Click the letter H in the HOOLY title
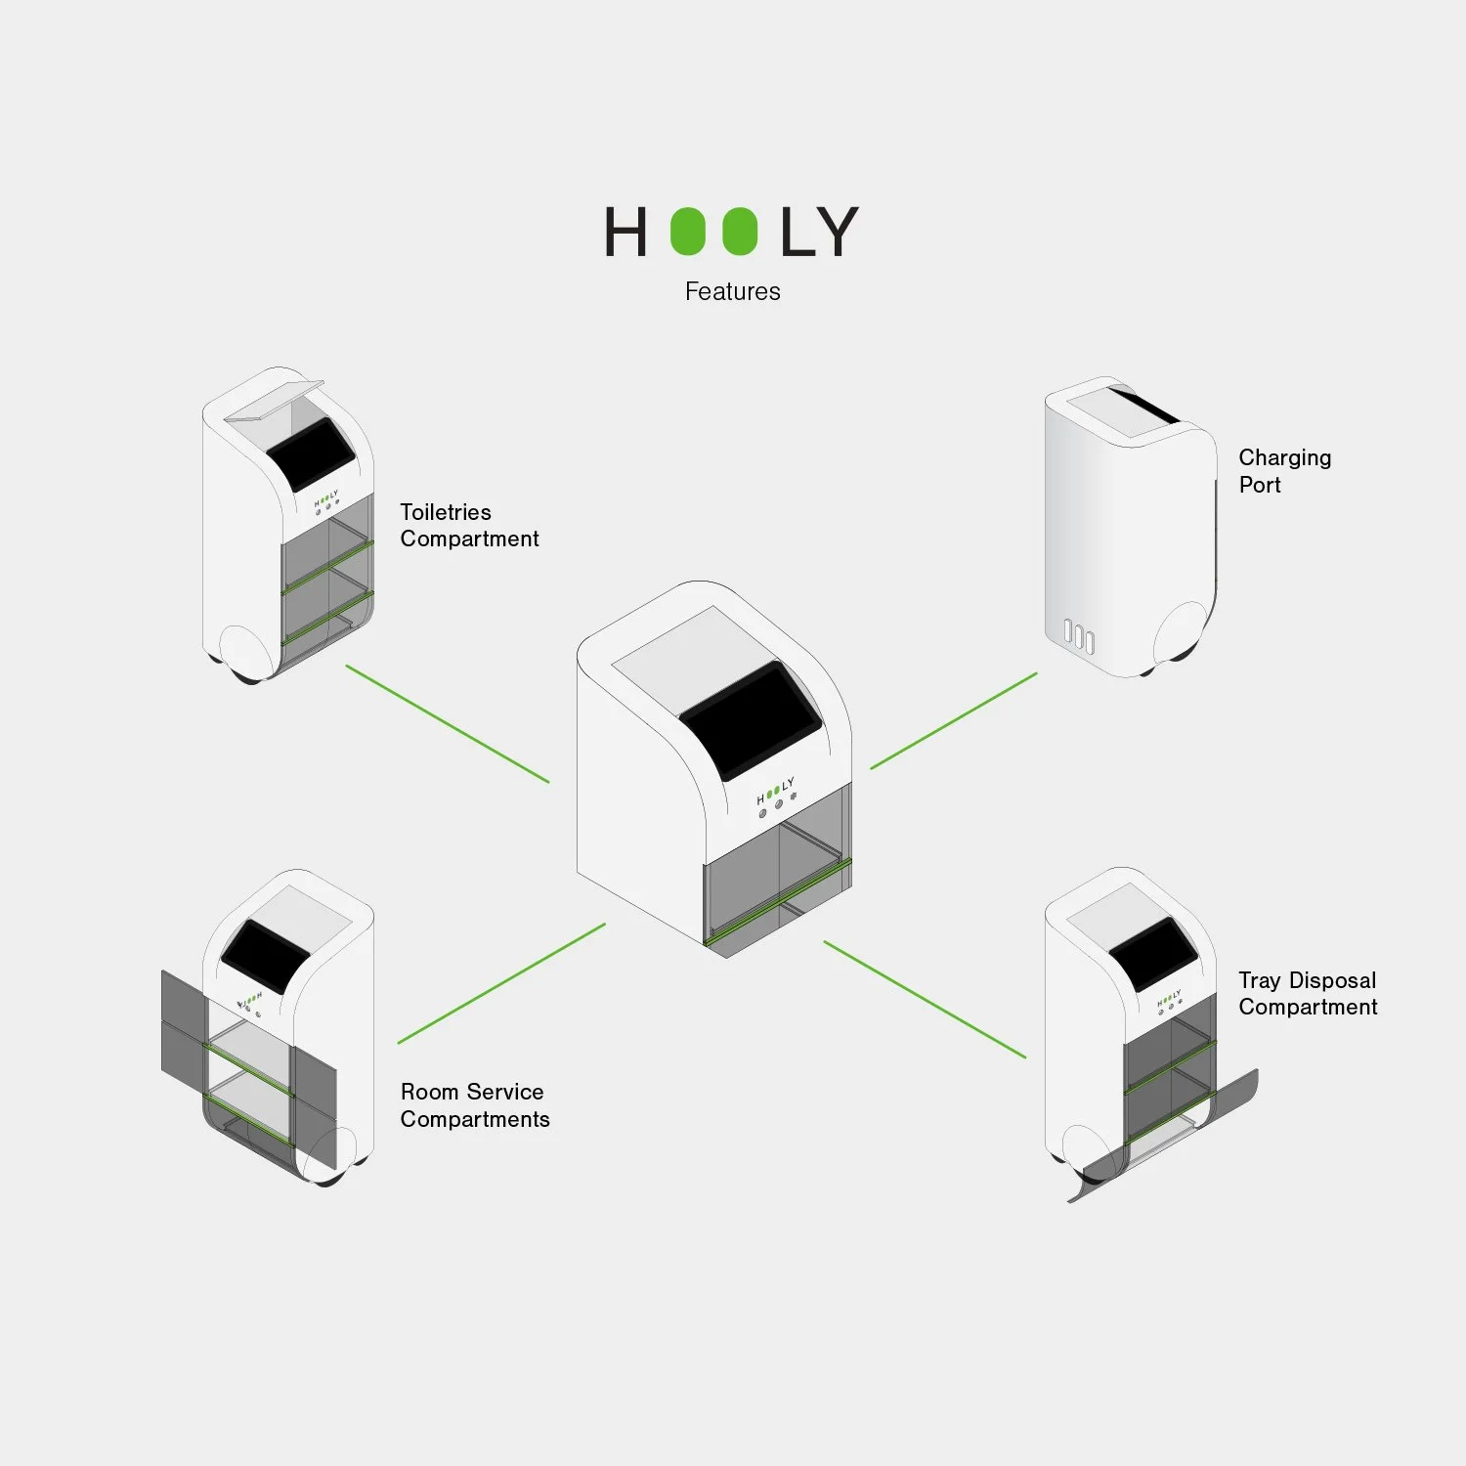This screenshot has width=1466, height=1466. pyautogui.click(x=625, y=232)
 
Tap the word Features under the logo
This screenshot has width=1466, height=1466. pyautogui.click(x=732, y=291)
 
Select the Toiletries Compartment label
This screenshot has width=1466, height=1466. pyautogui.click(x=469, y=526)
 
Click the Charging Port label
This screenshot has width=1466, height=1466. pyautogui.click(x=1284, y=471)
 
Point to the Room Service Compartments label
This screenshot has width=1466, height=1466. pyautogui.click(x=475, y=1105)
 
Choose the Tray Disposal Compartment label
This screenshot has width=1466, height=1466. pyautogui.click(x=1308, y=994)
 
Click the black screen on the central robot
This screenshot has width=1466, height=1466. pyautogui.click(x=752, y=719)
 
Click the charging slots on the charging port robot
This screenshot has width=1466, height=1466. pyautogui.click(x=1079, y=636)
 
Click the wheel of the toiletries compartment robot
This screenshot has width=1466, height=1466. pyautogui.click(x=244, y=653)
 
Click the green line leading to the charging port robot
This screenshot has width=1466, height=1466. pyautogui.click(x=953, y=721)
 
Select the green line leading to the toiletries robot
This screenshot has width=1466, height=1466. pyautogui.click(x=447, y=723)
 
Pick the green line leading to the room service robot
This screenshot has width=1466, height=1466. pyautogui.click(x=501, y=983)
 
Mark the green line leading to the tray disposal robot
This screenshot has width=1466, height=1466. pyautogui.click(x=925, y=999)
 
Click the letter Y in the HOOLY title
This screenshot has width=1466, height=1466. pyautogui.click(x=835, y=232)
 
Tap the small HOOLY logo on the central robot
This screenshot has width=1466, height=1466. pyautogui.click(x=775, y=792)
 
